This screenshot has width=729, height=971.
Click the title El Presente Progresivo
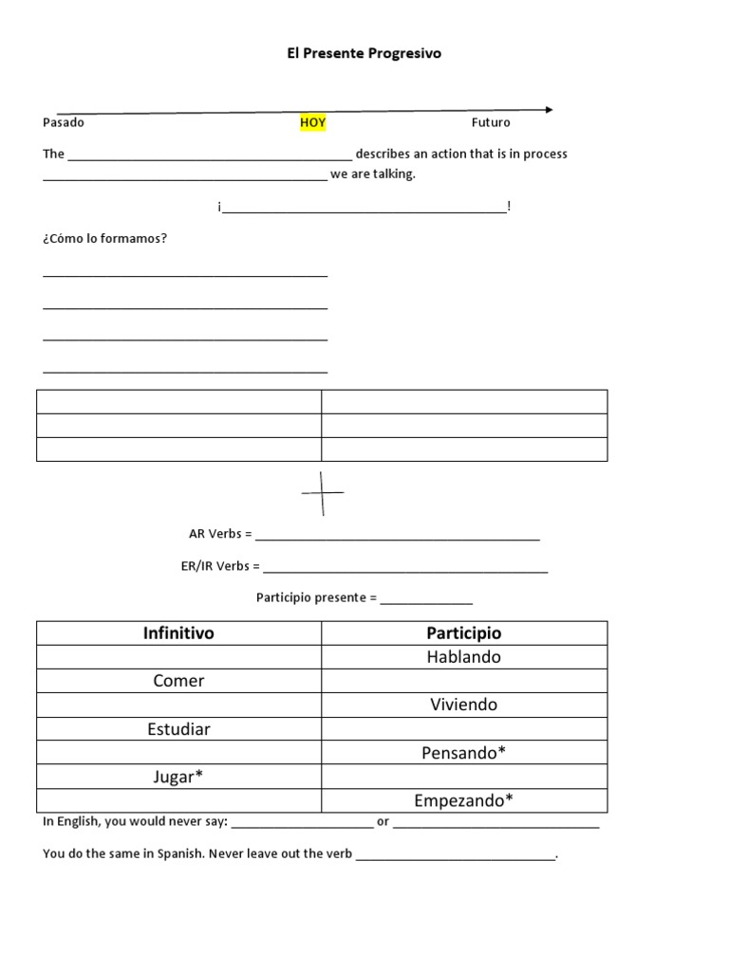pos(364,54)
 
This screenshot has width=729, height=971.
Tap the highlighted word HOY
pos(313,122)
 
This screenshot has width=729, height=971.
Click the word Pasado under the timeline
pos(64,122)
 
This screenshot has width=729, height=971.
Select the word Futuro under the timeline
pos(491,122)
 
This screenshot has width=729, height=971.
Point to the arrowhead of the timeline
pos(548,110)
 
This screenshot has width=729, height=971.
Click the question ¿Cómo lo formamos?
pos(104,238)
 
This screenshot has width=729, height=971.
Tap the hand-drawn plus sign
pos(323,492)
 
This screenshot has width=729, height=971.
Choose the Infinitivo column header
pos(178,632)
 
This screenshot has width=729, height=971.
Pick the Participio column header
pos(464,632)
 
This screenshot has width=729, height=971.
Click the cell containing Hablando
pos(464,657)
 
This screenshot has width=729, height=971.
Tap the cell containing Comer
pos(178,681)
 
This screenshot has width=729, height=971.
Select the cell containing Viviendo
pos(464,705)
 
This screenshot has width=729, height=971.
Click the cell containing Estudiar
pos(178,729)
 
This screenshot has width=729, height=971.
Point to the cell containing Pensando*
pos(464,753)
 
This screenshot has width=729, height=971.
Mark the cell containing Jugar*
pos(178,777)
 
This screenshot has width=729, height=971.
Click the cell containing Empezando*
pos(464,801)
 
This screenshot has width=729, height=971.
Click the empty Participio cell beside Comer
pos(464,681)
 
